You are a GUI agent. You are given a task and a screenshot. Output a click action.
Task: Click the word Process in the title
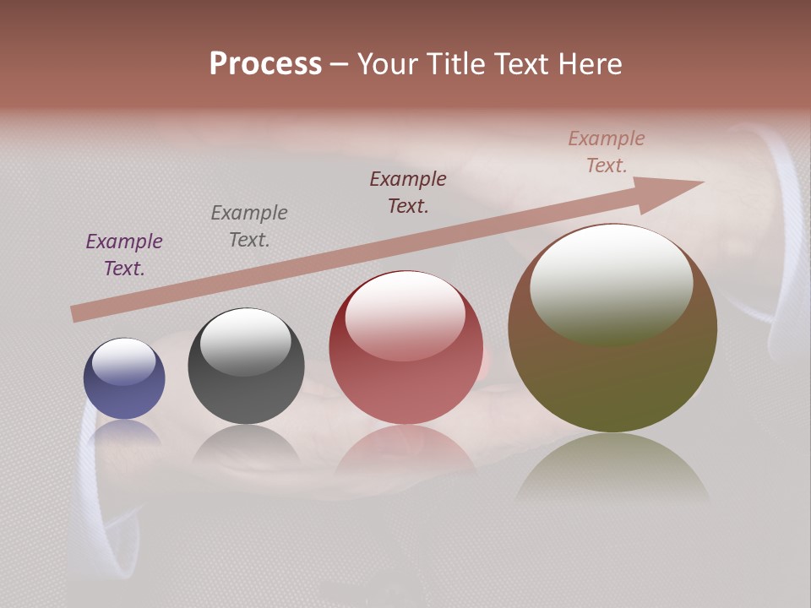pos(265,64)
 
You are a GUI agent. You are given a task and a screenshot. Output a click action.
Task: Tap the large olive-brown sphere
pos(612,372)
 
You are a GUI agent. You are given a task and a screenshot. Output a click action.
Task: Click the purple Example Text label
pos(124,254)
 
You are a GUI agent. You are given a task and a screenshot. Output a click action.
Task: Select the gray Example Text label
pos(249,225)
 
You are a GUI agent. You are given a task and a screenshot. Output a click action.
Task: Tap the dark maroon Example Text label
pos(408,192)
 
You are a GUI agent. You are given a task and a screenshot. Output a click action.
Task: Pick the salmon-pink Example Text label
pos(607,152)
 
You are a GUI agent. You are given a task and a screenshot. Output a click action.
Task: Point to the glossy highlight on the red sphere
pos(405,314)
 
